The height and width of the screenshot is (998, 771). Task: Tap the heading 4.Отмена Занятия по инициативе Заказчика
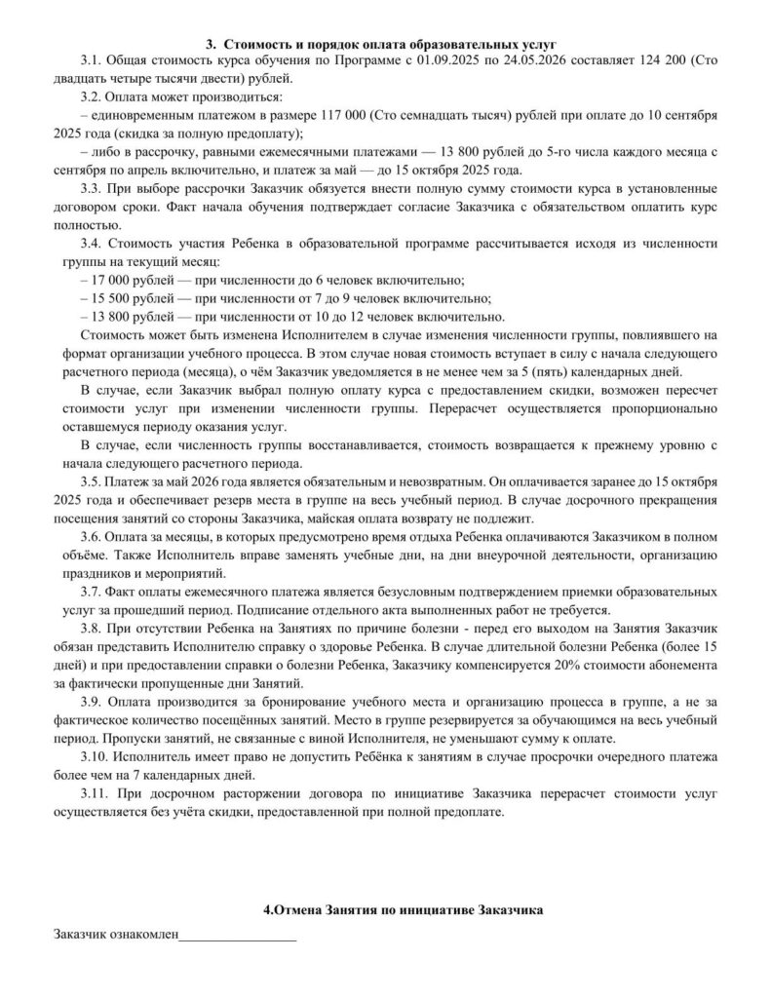(x=386, y=909)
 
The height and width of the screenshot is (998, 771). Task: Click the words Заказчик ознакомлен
(x=116, y=936)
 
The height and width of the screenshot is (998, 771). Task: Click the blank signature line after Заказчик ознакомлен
(x=238, y=939)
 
